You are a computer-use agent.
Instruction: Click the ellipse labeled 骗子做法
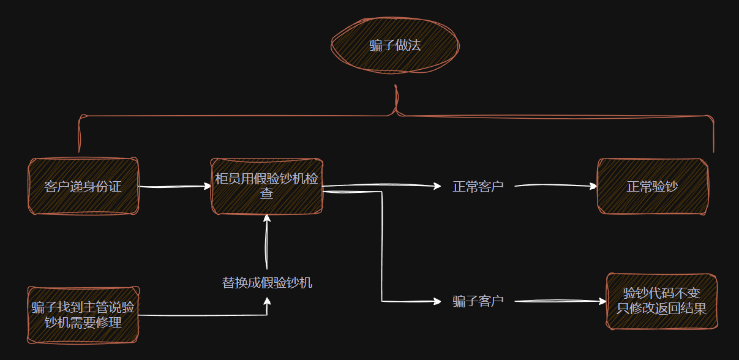tap(395, 46)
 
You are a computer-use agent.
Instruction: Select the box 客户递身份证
tap(83, 186)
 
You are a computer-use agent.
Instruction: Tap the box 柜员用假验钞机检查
tap(266, 186)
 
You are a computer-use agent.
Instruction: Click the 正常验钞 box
tap(652, 186)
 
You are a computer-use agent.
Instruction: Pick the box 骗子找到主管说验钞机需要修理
tap(83, 314)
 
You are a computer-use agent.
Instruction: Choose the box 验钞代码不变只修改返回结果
tap(661, 301)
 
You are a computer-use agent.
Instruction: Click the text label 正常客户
tap(478, 186)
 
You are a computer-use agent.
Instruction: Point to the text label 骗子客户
tap(478, 301)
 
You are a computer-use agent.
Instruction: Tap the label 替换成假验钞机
tap(267, 282)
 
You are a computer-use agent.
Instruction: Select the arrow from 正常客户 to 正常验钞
tap(554, 186)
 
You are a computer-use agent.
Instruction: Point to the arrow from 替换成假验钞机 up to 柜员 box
tap(266, 242)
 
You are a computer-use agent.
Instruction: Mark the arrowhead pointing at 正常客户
tap(437, 186)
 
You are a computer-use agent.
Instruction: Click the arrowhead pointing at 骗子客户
tap(437, 301)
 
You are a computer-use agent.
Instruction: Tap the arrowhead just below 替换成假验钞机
tap(267, 301)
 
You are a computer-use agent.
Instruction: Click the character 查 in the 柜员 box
tap(266, 193)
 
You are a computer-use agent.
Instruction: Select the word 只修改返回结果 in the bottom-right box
tap(661, 308)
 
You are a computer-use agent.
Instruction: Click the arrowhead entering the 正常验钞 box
tap(593, 186)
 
